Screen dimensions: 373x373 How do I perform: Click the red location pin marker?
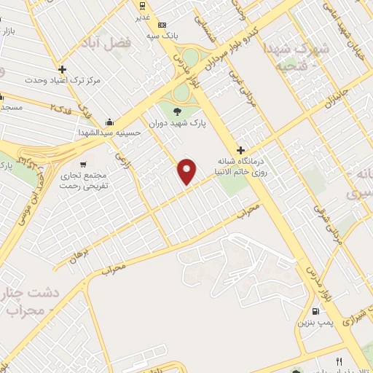click(188, 171)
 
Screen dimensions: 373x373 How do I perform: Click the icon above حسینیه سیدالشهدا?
click(109, 122)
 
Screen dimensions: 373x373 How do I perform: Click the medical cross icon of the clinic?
click(241, 150)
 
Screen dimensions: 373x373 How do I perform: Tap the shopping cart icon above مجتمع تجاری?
click(85, 163)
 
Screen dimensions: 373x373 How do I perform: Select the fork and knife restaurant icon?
click(338, 361)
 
